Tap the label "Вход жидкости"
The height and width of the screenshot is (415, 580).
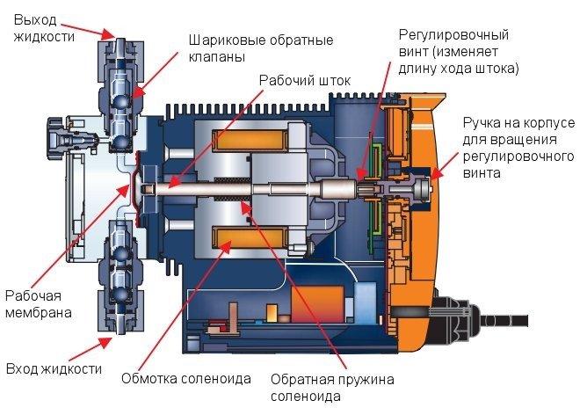(x=54, y=368)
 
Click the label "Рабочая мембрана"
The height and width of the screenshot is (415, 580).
(x=38, y=302)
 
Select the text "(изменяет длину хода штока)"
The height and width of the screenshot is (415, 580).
(x=459, y=60)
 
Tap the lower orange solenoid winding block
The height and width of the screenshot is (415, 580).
(x=243, y=237)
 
